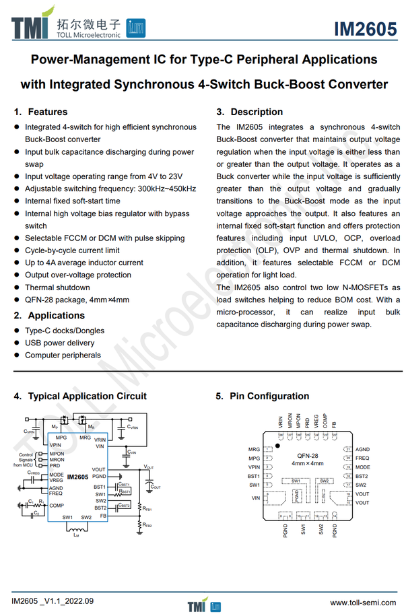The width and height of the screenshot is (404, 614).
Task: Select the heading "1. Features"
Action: click(x=41, y=112)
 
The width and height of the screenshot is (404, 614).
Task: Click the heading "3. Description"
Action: click(x=249, y=112)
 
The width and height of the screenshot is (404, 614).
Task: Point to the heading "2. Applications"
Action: click(x=49, y=316)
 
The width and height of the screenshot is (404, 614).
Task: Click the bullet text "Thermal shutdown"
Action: click(x=57, y=287)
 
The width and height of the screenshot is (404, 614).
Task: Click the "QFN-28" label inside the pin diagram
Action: click(x=307, y=456)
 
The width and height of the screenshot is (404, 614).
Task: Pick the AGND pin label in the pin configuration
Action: click(x=363, y=449)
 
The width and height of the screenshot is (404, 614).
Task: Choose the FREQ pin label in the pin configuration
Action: click(x=362, y=458)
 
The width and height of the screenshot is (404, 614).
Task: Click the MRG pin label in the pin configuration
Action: click(x=254, y=449)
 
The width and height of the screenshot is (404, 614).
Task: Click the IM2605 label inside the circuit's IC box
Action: click(x=77, y=477)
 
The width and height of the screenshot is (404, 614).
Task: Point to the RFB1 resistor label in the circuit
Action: click(x=146, y=510)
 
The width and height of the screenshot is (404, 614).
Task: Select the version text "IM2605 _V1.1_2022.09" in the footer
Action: click(x=53, y=601)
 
